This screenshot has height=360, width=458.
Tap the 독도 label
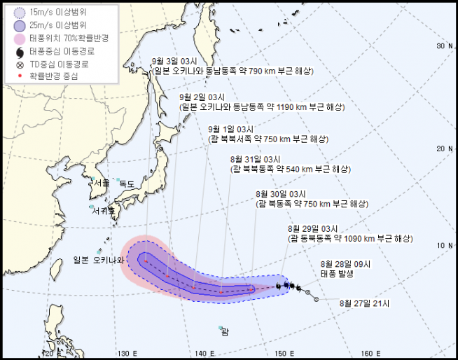[x=127, y=184]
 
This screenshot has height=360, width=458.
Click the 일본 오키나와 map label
[x=98, y=260]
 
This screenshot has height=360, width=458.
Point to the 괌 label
[x=225, y=332]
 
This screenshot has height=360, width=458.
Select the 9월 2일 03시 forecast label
[x=202, y=97]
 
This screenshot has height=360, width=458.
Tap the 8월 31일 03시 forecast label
[x=255, y=160]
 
